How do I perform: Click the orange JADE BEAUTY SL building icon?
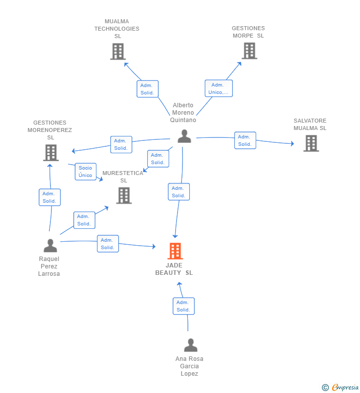tap(175, 251)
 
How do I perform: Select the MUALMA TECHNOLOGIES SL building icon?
tap(118, 51)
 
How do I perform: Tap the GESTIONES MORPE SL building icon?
tap(249, 50)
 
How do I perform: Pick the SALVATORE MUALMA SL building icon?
tap(311, 143)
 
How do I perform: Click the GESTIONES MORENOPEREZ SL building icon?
tap(51, 153)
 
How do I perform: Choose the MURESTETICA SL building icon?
tap(124, 195)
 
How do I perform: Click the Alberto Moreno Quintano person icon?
tap(184, 136)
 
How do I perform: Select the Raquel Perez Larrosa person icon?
tap(50, 245)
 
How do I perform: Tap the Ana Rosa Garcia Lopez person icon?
tap(190, 345)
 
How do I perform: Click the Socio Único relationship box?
tap(86, 172)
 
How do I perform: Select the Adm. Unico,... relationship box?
tap(219, 88)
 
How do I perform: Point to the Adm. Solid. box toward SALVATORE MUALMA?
tap(245, 140)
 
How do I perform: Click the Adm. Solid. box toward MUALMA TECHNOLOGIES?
tap(147, 89)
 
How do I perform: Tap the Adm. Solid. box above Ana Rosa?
tap(183, 306)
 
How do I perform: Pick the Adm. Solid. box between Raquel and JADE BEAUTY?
tap(108, 244)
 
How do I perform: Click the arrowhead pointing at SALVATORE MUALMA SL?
tap(292, 144)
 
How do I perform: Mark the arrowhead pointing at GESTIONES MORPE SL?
tap(239, 64)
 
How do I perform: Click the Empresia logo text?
tap(345, 387)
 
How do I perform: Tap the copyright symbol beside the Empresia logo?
tap(325, 388)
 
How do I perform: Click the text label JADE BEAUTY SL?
tap(174, 269)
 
